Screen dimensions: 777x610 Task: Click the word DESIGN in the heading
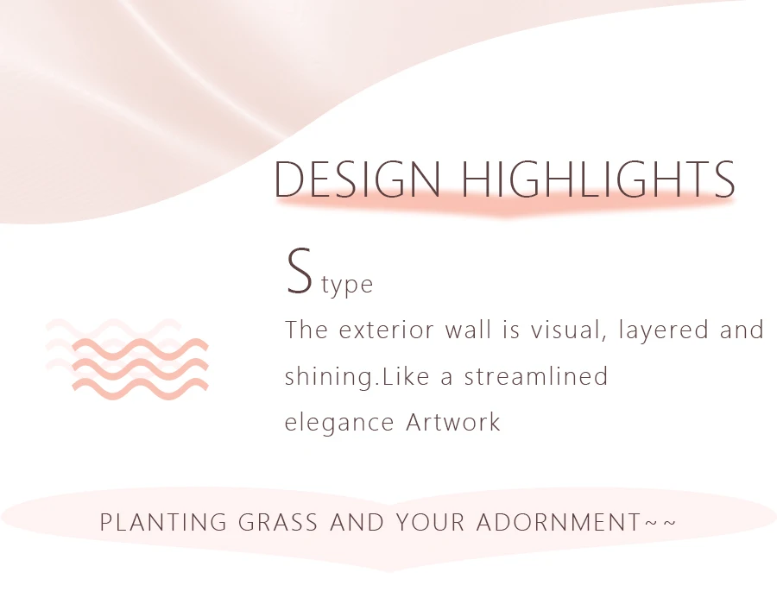[x=357, y=179]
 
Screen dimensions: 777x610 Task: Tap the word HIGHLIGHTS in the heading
[x=598, y=179]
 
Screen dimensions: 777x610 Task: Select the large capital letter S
[x=300, y=271]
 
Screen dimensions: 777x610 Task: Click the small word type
[x=347, y=286]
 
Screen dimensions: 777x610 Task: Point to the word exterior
[x=387, y=330]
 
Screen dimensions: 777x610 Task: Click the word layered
[x=663, y=330]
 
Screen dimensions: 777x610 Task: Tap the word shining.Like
[x=357, y=377]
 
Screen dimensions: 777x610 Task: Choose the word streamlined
[x=535, y=376]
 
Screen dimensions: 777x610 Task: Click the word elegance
[x=339, y=424]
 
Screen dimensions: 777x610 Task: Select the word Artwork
[x=453, y=423]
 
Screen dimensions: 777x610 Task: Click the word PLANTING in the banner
[x=163, y=522]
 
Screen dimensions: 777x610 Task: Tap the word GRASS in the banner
[x=278, y=522]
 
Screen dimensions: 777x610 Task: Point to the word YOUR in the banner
[x=430, y=522]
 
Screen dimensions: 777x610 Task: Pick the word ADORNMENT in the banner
[x=559, y=522]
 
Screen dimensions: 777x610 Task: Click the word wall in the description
[x=468, y=330]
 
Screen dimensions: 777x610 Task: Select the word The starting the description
[x=306, y=330]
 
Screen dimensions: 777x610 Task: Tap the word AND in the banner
[x=357, y=522]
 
